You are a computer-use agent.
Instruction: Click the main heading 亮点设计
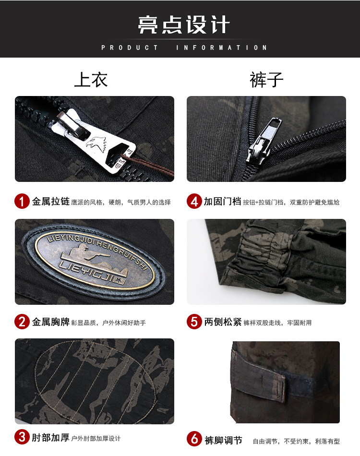tap(184, 24)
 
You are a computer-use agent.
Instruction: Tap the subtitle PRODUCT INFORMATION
tap(184, 48)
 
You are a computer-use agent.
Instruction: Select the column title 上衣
tap(91, 80)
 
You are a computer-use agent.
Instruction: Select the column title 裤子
tap(266, 80)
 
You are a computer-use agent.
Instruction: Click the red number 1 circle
tap(22, 201)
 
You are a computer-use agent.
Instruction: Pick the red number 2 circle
tap(22, 322)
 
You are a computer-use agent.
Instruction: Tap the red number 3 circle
tap(22, 437)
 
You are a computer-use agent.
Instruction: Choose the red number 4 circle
tap(194, 201)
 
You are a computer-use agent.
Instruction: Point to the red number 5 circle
tap(194, 322)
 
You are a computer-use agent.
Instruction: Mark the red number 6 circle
tap(194, 439)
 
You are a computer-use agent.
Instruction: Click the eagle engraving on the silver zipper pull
tap(96, 144)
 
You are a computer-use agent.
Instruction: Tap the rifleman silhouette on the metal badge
tap(85, 253)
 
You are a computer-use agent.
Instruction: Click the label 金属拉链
tap(50, 201)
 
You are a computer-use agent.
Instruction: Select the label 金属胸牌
tap(50, 322)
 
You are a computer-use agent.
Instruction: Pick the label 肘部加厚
tap(50, 437)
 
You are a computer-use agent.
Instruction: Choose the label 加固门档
tap(222, 201)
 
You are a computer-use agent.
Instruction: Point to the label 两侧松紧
tap(223, 322)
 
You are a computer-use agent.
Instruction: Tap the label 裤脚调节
tap(223, 440)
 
